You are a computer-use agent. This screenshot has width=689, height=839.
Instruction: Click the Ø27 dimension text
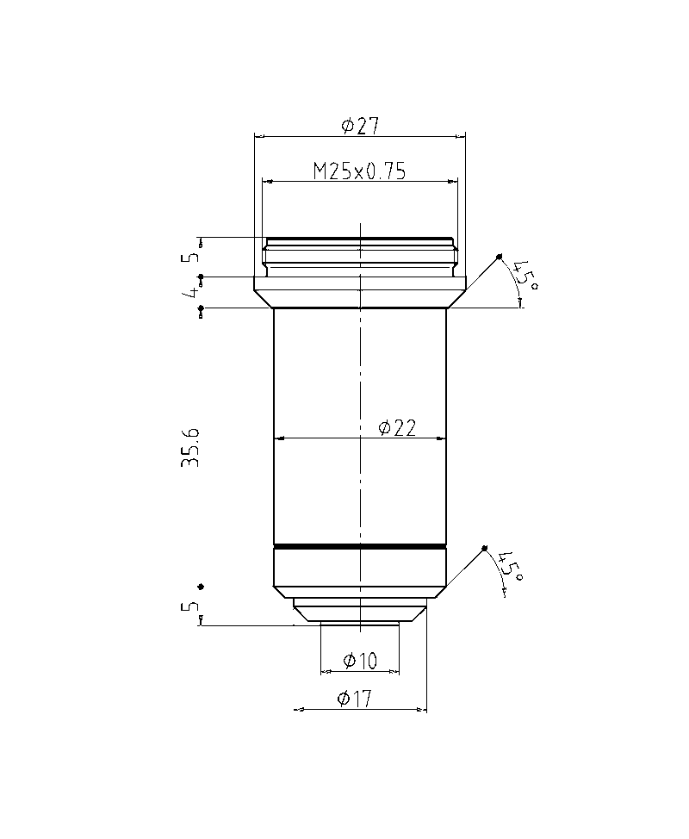tap(360, 126)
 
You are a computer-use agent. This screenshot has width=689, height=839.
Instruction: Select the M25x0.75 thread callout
tap(359, 171)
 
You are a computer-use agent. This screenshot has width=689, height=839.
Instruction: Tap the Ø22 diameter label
tap(397, 427)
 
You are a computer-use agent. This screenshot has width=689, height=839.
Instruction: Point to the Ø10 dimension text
tap(360, 661)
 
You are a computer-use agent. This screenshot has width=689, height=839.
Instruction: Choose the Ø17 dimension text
tap(355, 699)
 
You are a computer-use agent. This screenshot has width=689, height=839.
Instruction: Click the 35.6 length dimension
tap(190, 447)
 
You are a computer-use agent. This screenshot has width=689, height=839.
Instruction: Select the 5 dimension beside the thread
tap(190, 255)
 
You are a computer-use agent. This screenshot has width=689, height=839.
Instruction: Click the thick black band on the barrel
tap(360, 546)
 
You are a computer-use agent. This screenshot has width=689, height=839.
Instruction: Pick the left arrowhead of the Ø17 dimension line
tap(298, 710)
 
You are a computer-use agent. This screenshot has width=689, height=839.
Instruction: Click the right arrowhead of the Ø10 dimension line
tap(395, 671)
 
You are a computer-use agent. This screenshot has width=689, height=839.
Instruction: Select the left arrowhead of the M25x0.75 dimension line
tap(267, 181)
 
